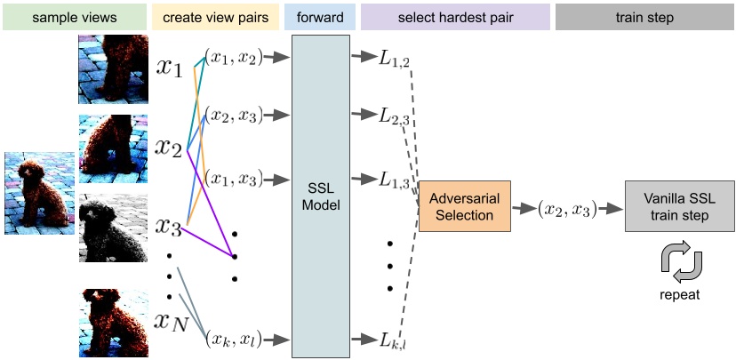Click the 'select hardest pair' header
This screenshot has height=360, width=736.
pyautogui.click(x=454, y=18)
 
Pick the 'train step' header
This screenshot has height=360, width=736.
pyautogui.click(x=644, y=18)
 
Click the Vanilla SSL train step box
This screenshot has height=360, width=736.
pyautogui.click(x=679, y=206)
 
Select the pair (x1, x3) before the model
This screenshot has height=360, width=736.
pyautogui.click(x=235, y=179)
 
